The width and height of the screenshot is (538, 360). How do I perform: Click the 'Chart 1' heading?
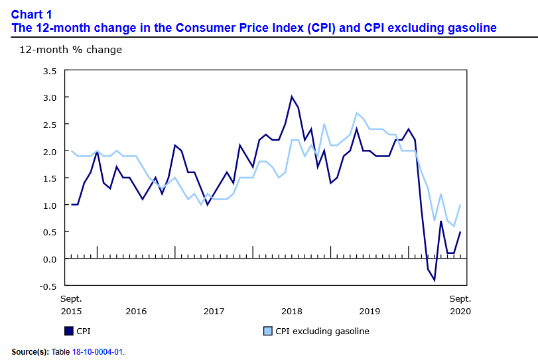32,14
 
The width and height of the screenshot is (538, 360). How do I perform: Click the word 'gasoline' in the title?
469,28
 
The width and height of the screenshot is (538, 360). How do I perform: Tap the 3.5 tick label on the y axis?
49,70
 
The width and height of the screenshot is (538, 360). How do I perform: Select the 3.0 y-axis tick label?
49,97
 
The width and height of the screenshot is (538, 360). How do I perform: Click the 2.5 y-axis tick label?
49,125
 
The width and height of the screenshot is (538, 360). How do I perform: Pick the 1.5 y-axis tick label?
49,178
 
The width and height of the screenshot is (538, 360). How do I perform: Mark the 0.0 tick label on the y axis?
49,259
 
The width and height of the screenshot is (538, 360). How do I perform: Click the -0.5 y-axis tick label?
48,286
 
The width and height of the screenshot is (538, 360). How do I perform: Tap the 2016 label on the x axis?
136,311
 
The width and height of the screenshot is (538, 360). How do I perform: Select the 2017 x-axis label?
214,311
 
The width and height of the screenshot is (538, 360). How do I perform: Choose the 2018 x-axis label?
292,311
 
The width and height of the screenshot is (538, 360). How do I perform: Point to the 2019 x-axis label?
370,311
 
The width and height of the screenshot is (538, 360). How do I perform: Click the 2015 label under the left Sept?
72,311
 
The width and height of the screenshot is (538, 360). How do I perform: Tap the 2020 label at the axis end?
460,311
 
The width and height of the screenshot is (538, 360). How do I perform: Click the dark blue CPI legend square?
68,331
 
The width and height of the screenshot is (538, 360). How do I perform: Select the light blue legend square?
268,331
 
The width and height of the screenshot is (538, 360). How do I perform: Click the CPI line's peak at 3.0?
292,97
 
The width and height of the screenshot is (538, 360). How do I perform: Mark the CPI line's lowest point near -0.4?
435,280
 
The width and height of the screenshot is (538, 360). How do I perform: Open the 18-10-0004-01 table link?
101,351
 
